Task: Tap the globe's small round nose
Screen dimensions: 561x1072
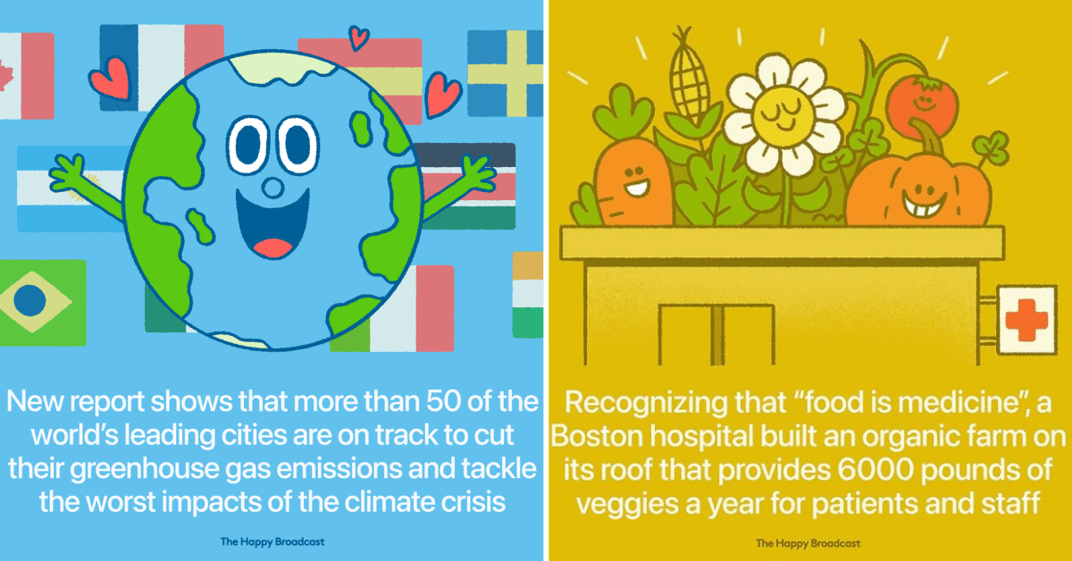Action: [272, 188]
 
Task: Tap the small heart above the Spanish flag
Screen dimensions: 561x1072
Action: [358, 38]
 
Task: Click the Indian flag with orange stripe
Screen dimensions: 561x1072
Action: [528, 295]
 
